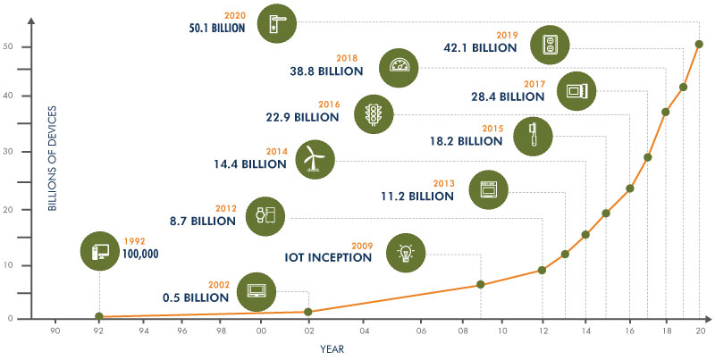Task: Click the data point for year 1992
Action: coord(99,316)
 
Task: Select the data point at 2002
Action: coord(308,312)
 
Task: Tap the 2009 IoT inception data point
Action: coord(481,284)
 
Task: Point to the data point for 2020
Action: coord(699,44)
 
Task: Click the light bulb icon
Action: coord(406,252)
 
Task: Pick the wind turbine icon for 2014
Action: coord(315,158)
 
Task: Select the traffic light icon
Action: coord(374,113)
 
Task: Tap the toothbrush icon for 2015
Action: coord(531,135)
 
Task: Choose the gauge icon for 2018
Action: coord(399,67)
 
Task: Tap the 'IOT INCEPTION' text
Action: coord(327,257)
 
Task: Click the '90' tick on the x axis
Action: coord(55,331)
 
